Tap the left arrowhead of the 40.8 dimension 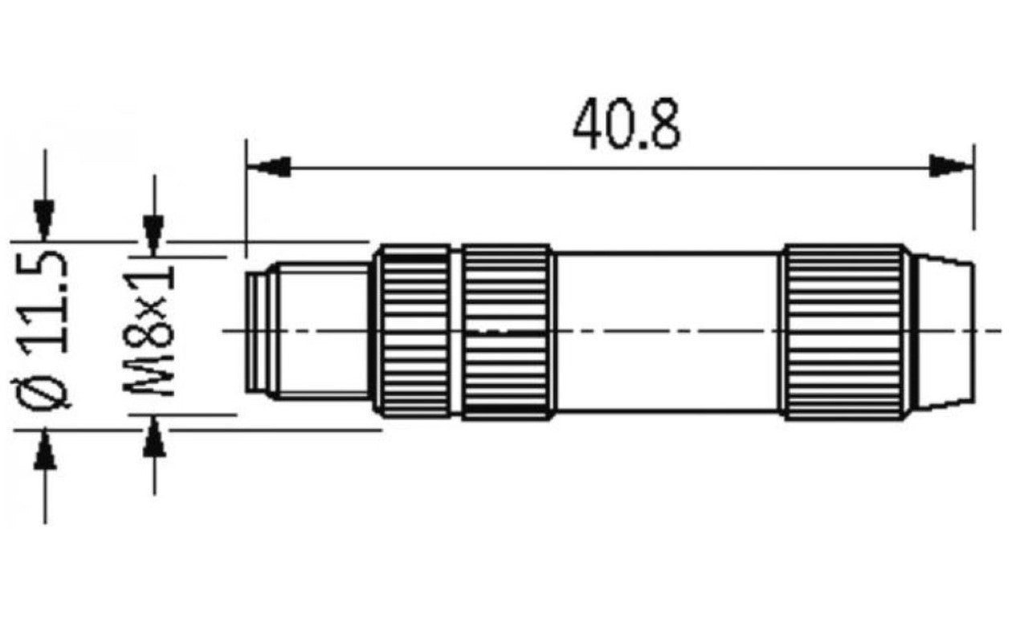[268, 167]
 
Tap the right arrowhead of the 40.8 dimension [951, 167]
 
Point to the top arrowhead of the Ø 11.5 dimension [44, 219]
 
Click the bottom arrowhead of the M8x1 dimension [153, 439]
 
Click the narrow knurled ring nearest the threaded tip [414, 331]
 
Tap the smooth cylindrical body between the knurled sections [667, 331]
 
